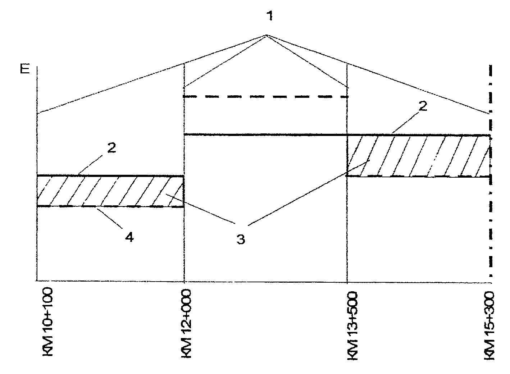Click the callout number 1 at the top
[270, 16]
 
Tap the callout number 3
[241, 239]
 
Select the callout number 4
[129, 237]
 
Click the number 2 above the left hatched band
[111, 148]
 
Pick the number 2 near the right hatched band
[423, 106]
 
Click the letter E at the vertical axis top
[25, 69]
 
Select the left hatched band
[110, 191]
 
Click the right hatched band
[419, 156]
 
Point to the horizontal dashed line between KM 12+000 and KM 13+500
[266, 97]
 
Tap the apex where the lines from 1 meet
[267, 35]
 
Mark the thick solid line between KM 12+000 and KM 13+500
[265, 135]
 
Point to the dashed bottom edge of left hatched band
[110, 206]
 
